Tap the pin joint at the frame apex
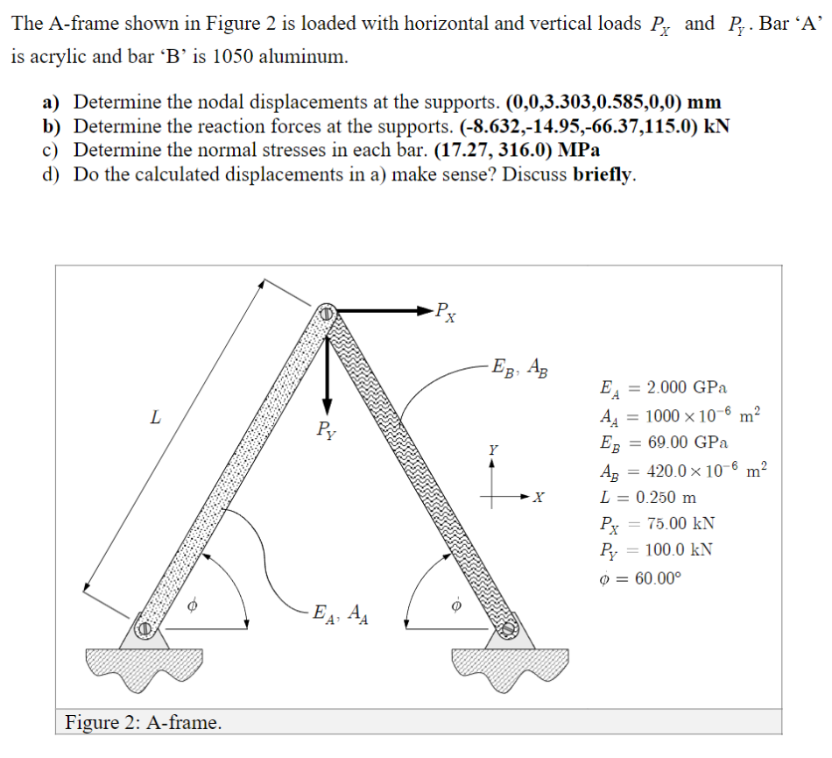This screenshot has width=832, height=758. click(x=325, y=311)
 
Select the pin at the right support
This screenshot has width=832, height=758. click(x=508, y=627)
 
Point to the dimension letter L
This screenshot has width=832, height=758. click(x=155, y=418)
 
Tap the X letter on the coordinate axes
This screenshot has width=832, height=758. click(x=539, y=499)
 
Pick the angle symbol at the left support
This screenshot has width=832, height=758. click(x=196, y=605)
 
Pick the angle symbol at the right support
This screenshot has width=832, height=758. click(x=455, y=605)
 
